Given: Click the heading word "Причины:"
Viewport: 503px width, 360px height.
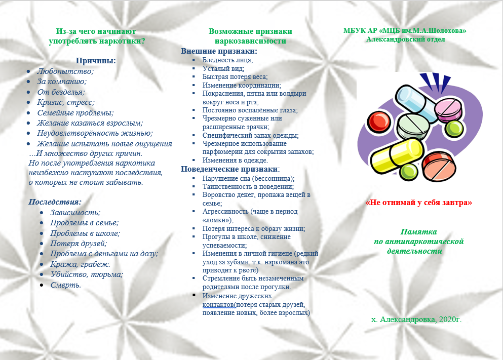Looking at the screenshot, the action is click(x=96, y=61).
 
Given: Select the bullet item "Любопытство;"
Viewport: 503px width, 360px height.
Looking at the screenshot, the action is click(x=65, y=71).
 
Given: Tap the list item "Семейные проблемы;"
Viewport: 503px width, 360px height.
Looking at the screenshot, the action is click(x=75, y=113).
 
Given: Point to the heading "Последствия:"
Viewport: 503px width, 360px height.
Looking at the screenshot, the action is click(x=55, y=202).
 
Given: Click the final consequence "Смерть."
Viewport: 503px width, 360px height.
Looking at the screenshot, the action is click(x=66, y=285).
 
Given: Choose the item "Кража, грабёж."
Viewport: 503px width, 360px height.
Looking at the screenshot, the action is click(x=81, y=264).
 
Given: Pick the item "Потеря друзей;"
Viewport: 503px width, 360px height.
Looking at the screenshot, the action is click(x=79, y=244).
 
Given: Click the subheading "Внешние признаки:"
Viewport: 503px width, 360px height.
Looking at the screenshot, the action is click(x=219, y=51).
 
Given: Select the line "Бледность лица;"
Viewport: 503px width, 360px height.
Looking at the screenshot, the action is click(x=227, y=60).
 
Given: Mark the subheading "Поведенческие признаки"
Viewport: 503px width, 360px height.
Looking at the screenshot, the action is click(x=229, y=169).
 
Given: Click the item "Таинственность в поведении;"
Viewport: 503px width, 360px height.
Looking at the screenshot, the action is click(x=244, y=186).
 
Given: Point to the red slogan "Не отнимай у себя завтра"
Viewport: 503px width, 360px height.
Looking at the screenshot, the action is click(x=419, y=203).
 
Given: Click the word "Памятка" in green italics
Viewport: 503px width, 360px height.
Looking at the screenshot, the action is click(x=419, y=231).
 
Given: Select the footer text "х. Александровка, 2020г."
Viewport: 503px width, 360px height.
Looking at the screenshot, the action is click(x=416, y=319).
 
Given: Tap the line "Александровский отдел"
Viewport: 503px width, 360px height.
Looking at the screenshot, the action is click(x=405, y=39).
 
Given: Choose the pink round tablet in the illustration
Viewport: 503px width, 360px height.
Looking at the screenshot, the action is click(x=450, y=108).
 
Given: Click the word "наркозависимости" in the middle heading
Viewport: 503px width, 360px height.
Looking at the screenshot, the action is click(x=250, y=41).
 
